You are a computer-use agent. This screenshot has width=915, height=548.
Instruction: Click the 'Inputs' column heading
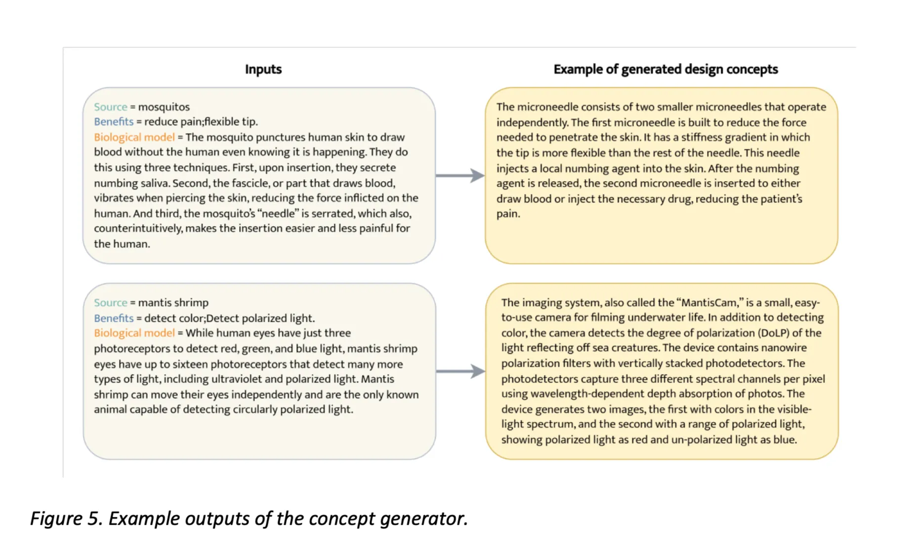point(263,69)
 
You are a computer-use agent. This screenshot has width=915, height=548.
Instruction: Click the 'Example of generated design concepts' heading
point(665,69)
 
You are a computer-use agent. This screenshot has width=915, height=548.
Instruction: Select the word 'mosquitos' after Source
point(164,107)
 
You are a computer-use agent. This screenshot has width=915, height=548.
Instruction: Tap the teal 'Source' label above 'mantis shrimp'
point(111,303)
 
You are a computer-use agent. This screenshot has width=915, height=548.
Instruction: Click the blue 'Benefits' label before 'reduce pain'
point(114,122)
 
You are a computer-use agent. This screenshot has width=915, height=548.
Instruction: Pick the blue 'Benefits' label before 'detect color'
point(114,318)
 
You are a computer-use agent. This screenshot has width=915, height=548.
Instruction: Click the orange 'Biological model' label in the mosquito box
point(134,137)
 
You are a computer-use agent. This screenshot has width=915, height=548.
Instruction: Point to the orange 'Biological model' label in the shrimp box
point(134,333)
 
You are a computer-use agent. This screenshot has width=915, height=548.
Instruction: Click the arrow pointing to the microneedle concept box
point(459,175)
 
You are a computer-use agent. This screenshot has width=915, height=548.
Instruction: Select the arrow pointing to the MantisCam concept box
point(459,371)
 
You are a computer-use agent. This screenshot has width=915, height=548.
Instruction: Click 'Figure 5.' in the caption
point(66,518)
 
